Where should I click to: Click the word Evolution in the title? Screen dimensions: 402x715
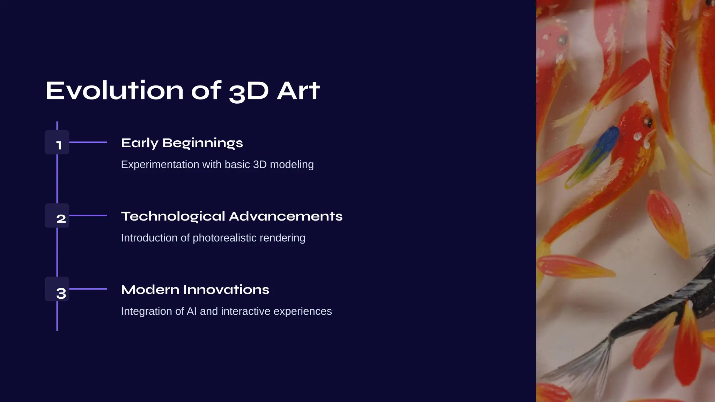click(115, 91)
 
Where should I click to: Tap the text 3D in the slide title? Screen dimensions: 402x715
click(249, 91)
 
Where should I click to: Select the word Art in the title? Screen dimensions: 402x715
click(298, 91)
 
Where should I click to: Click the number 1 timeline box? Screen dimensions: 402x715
click(57, 142)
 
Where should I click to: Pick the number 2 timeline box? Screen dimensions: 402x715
click(57, 216)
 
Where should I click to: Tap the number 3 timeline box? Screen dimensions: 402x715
click(57, 289)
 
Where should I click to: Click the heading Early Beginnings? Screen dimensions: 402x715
click(182, 143)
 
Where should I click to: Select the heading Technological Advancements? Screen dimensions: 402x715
click(231, 216)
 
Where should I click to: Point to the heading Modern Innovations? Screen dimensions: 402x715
click(195, 290)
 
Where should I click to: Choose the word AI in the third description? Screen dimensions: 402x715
click(192, 311)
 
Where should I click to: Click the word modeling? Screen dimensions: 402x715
click(292, 164)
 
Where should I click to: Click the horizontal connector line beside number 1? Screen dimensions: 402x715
click(88, 142)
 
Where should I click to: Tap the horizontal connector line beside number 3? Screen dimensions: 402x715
click(88, 289)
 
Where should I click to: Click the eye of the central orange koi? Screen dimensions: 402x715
click(648, 121)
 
